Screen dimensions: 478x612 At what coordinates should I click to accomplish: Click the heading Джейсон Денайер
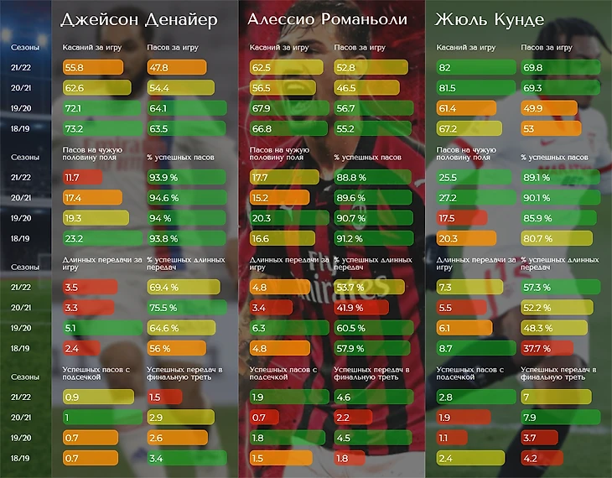coord(139,19)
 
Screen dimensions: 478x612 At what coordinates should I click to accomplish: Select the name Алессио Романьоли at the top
coord(327,19)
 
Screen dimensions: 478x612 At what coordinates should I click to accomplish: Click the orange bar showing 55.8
coord(88,67)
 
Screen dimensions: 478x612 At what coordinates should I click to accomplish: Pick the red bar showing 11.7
coord(81,177)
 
